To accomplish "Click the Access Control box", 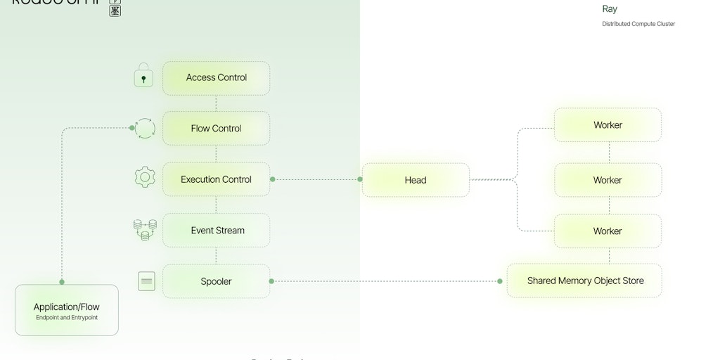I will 216,78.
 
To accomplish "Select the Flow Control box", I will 216,129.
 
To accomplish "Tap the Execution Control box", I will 216,179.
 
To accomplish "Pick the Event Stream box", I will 216,231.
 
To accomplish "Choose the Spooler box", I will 216,281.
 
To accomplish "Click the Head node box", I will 415,180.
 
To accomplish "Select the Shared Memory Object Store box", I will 585,281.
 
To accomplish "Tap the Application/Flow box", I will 66,310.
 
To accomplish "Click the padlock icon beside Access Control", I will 143,78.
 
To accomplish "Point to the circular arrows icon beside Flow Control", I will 145,129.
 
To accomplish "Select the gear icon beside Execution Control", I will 145,176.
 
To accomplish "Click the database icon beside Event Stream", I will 145,230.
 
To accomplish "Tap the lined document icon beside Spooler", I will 146,281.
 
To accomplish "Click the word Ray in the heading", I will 610,9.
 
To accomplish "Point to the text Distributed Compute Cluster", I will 638,24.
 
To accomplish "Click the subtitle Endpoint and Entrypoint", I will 67,318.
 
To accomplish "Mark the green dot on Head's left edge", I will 360,179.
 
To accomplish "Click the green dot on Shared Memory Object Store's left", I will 500,281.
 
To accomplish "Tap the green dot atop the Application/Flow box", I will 62,282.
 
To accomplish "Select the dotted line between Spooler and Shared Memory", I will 387,281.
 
